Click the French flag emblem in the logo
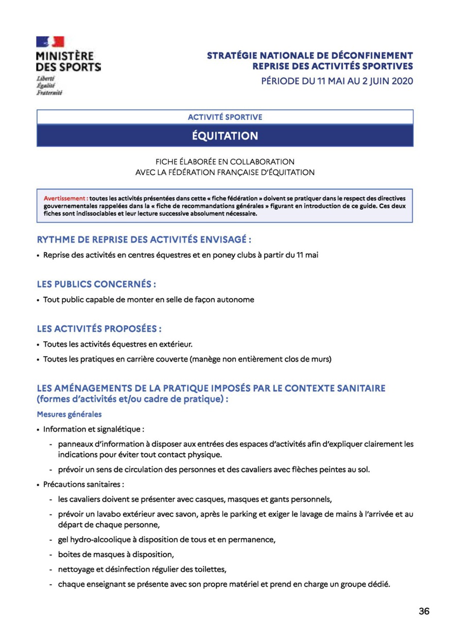tap(50, 42)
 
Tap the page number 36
tap(424, 611)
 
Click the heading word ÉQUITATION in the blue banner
tap(225, 136)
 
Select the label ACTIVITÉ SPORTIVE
tap(225, 117)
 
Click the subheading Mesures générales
tap(69, 414)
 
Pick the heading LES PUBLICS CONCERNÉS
tap(96, 284)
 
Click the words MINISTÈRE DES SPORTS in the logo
tap(68, 61)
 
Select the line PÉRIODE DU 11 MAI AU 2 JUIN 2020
tap(337, 81)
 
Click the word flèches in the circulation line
tap(307, 469)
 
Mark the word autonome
tap(234, 299)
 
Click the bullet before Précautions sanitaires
tap(38, 485)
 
